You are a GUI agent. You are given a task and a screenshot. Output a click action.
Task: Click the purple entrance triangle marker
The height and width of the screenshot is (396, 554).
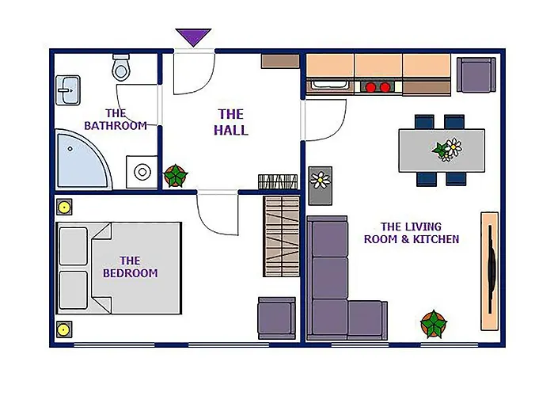coord(193,36)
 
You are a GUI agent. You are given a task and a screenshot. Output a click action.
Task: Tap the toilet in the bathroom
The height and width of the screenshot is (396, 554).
coord(121,67)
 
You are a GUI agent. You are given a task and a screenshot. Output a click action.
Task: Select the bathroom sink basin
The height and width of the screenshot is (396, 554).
coord(68,90)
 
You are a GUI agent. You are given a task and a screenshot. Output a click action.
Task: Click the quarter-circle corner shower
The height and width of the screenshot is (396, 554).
coord(82,159)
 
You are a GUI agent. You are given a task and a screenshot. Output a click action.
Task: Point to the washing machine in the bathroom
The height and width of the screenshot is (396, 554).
coord(142,172)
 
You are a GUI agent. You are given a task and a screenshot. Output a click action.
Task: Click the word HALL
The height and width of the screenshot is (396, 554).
coord(231,130)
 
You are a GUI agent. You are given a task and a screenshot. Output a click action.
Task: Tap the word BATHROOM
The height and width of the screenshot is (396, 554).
coord(116,125)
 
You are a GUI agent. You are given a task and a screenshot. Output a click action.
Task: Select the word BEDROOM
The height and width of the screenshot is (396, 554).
coord(131,273)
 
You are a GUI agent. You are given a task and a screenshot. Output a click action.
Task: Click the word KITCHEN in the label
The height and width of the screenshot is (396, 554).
coord(436,239)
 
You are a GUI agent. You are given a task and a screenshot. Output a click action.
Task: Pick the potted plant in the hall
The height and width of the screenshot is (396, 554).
coord(176,176)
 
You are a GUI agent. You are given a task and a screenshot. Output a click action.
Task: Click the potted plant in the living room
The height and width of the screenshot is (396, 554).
coord(434,324)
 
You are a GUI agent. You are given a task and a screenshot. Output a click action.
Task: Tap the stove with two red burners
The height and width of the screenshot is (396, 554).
coord(378,87)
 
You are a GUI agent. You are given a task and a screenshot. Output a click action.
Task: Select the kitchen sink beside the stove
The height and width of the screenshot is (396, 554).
coord(330,86)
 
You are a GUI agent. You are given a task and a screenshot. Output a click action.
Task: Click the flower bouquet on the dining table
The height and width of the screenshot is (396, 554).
coord(447,149)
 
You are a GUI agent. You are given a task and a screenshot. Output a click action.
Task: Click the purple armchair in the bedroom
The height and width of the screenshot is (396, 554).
coord(277,318)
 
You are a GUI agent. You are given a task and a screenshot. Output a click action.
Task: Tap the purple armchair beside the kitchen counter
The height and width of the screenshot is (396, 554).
coord(476,75)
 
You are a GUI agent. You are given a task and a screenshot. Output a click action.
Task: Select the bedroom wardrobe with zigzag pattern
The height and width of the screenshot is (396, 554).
coord(282,236)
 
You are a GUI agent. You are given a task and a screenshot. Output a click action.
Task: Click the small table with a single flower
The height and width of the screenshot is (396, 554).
coord(320,186)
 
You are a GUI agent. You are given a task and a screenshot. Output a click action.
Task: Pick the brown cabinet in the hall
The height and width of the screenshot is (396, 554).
coord(280,61)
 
